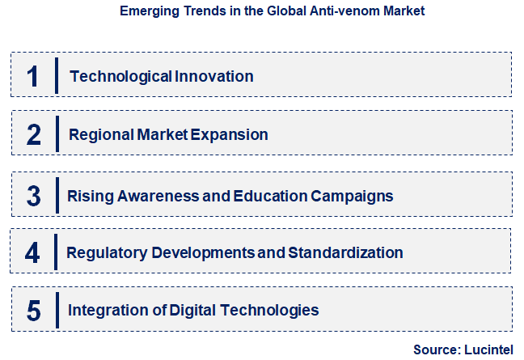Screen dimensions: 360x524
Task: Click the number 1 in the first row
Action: pos(33,76)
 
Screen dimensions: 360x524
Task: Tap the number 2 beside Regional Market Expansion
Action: pos(33,134)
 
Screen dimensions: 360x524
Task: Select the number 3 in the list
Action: pos(33,196)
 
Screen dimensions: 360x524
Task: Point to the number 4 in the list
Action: pos(32,253)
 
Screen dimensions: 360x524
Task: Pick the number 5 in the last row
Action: pos(33,310)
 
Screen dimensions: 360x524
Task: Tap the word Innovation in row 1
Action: pos(214,77)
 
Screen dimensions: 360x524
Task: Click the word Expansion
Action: pos(229,135)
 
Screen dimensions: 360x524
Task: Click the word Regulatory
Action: pos(105,253)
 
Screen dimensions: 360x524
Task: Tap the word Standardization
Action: pos(344,253)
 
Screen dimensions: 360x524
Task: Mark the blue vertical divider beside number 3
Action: pos(57,195)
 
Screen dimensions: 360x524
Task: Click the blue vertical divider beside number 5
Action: pos(57,309)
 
